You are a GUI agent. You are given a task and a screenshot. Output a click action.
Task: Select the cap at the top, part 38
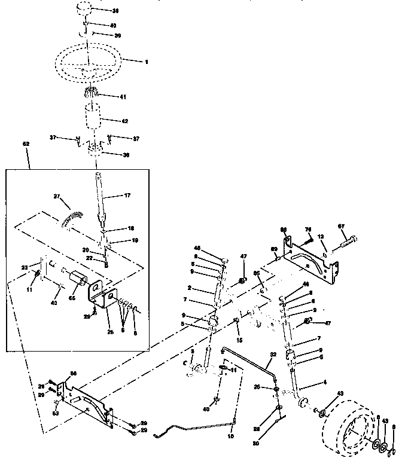tap(87, 11)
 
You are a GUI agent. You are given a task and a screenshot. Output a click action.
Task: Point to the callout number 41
tap(123, 96)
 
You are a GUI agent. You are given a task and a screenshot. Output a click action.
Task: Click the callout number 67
tap(342, 226)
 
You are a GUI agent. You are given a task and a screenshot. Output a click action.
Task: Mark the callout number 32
tap(272, 354)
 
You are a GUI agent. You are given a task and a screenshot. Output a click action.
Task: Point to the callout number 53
tap(55, 413)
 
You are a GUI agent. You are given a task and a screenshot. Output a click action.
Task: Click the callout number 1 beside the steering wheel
tap(146, 61)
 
